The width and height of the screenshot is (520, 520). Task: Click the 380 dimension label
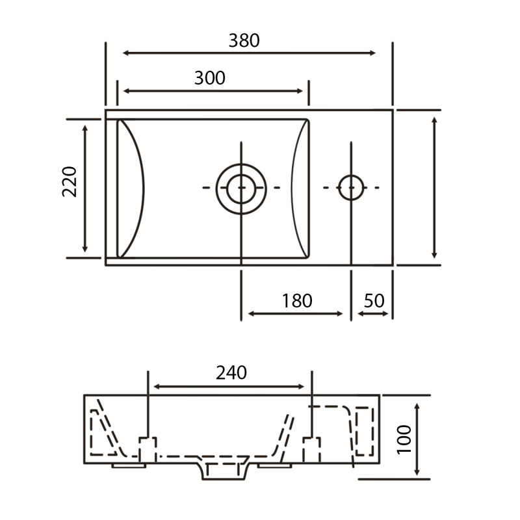[x=244, y=41]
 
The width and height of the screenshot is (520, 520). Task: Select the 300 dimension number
[x=209, y=78]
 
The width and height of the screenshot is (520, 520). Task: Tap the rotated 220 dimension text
[x=70, y=182]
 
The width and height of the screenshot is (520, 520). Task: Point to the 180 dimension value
[x=297, y=301]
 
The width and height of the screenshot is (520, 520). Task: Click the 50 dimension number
[x=374, y=301]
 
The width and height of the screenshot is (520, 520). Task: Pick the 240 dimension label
[x=231, y=372]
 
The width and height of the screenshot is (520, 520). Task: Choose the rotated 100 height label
[x=404, y=439]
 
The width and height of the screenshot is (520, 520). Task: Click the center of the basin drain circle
[x=241, y=188]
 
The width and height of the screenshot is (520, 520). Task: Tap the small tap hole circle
[x=351, y=188]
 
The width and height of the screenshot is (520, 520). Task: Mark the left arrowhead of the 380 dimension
[x=125, y=53]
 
